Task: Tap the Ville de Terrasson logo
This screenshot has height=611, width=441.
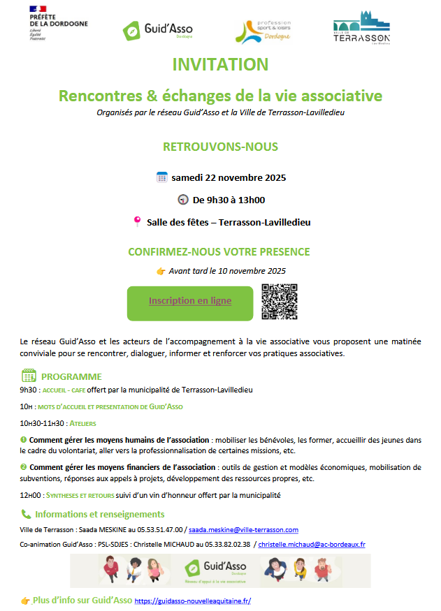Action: point(361,27)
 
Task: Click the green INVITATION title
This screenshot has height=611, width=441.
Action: point(220,64)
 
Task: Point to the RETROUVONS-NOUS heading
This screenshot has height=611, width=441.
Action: point(220,147)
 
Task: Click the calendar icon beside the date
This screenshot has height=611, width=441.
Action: point(161,177)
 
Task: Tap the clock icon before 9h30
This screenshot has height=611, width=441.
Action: point(182,200)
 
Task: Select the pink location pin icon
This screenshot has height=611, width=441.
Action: point(137,222)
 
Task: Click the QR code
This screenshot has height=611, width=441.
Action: point(280,302)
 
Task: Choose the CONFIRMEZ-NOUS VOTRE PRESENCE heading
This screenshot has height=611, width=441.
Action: point(219,252)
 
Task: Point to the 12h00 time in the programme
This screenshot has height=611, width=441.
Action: point(31,494)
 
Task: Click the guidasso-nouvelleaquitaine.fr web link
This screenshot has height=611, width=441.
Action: point(192,601)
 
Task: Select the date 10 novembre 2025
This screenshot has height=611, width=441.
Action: point(256,271)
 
